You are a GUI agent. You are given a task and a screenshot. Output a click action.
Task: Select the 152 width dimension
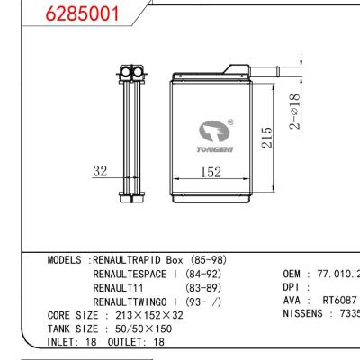(211, 172)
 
